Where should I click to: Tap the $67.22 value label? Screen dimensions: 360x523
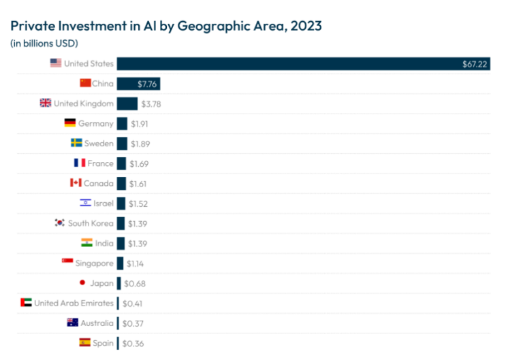click(x=474, y=64)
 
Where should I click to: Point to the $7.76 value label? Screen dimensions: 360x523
click(x=147, y=84)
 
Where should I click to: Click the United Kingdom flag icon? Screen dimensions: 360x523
click(x=45, y=103)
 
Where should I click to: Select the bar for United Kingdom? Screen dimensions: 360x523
click(x=127, y=103)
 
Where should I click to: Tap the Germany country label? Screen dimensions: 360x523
click(x=96, y=124)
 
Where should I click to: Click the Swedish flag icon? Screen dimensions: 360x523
click(x=76, y=144)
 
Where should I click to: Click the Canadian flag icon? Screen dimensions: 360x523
click(x=76, y=183)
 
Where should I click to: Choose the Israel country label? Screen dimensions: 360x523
click(x=104, y=203)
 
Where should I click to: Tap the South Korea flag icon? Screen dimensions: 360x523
click(x=59, y=223)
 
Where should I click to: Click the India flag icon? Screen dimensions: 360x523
click(x=86, y=243)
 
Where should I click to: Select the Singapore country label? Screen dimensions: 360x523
click(x=95, y=263)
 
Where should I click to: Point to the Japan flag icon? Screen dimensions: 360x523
click(x=82, y=282)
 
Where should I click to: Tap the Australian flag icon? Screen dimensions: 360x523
click(x=73, y=323)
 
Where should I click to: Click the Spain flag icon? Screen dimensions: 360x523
click(x=84, y=342)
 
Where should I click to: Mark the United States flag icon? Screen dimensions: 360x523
click(x=55, y=64)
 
